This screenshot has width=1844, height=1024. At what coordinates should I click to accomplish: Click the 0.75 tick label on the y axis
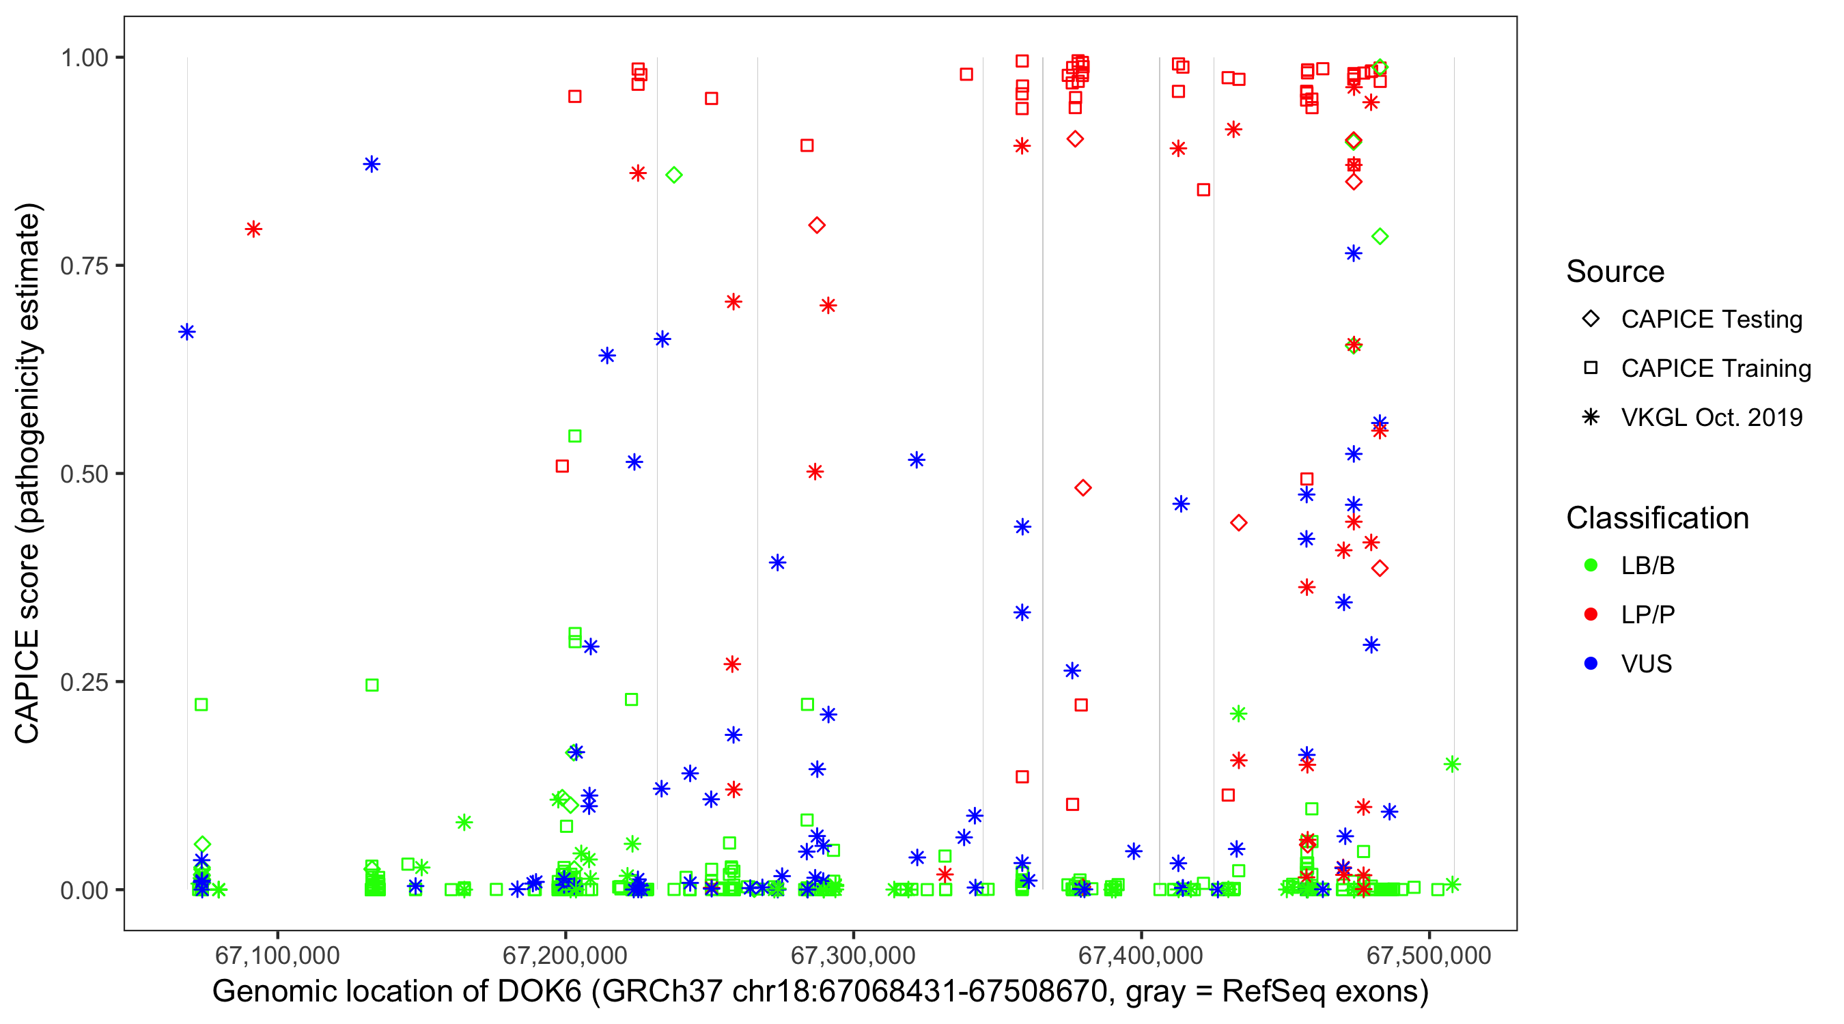point(83,266)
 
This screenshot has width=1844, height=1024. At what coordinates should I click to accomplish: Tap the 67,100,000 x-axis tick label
point(277,955)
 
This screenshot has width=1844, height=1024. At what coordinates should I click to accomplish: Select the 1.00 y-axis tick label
point(83,58)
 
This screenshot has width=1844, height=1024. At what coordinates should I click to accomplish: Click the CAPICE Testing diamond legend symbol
point(1591,319)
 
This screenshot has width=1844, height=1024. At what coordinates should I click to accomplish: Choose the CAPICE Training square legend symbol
point(1591,369)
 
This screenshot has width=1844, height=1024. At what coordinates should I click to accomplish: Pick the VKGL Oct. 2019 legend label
point(1712,418)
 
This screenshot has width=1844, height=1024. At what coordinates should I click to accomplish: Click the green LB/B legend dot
point(1591,565)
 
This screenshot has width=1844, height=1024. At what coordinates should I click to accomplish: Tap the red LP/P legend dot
point(1591,614)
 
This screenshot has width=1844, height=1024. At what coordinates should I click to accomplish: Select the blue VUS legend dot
point(1591,664)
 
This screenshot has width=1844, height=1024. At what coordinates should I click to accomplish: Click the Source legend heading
point(1615,272)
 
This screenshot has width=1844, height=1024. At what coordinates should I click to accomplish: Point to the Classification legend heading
point(1657,518)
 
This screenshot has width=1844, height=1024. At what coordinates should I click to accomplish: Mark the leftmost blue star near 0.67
point(187,332)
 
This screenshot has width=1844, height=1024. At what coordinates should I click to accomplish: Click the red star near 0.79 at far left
point(253,229)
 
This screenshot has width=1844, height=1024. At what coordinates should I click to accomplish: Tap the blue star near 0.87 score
point(372,165)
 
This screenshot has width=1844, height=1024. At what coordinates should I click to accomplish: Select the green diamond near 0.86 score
point(673,175)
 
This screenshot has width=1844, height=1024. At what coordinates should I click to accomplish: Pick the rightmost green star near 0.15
point(1452,764)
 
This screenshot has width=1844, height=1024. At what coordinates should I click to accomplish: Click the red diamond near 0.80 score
point(817,225)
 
